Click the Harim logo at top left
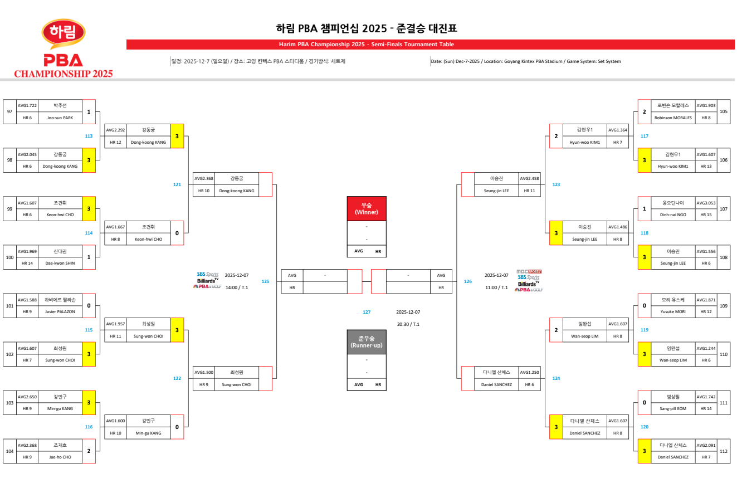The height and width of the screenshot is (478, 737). (x=64, y=35)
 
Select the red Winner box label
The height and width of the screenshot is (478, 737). (x=366, y=209)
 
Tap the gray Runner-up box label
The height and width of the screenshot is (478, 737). (x=366, y=342)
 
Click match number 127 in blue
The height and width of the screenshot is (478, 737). (x=367, y=312)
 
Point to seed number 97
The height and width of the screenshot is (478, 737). (x=9, y=111)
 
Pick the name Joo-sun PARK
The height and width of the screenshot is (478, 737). (x=60, y=118)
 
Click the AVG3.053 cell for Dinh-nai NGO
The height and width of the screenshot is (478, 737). (x=706, y=203)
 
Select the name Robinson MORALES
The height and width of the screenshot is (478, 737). (x=673, y=118)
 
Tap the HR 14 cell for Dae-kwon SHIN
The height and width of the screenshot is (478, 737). (x=27, y=263)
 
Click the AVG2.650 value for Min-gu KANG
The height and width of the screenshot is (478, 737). (x=27, y=396)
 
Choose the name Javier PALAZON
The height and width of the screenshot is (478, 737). (x=60, y=311)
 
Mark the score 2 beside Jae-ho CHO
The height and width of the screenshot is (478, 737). (x=89, y=451)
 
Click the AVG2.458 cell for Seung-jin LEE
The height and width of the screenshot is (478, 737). (x=529, y=178)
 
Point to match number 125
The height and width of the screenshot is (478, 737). (x=265, y=281)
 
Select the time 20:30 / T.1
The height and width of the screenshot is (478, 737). (x=408, y=324)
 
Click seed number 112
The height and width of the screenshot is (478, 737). (x=724, y=451)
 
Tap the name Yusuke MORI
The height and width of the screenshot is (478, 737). (x=673, y=311)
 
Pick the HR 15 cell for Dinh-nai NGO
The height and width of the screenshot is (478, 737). (x=706, y=214)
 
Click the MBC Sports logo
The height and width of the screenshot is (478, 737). (x=529, y=271)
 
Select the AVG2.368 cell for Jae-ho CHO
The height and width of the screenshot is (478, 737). (x=27, y=445)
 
